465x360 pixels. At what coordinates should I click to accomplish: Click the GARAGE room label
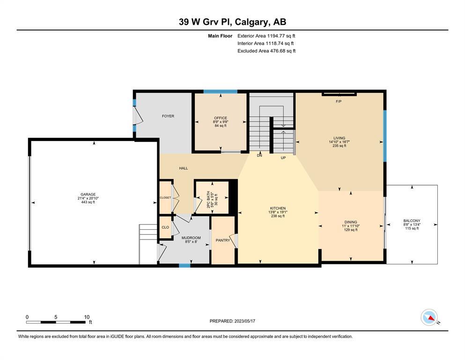coord(88,195)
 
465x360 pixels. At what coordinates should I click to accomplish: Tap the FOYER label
coord(168,116)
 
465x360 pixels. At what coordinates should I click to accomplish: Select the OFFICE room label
coord(221,118)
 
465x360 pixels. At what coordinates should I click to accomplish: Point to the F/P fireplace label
coord(339,102)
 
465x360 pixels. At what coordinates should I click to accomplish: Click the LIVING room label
coord(339,138)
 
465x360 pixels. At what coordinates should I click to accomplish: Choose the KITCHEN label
coord(278,208)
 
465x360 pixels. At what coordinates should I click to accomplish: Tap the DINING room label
coord(351,222)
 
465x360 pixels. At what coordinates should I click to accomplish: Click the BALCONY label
coord(412,221)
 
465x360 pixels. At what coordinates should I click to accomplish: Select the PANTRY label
coord(223,240)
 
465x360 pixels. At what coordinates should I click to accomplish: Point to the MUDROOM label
coord(191,238)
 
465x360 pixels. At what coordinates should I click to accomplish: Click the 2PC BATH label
coord(208,199)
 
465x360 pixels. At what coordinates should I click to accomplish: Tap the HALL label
coord(184,168)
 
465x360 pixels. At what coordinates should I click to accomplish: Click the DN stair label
coord(259,156)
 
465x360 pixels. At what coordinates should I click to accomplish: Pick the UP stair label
coord(283,158)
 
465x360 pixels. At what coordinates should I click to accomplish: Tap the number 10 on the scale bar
coord(87,317)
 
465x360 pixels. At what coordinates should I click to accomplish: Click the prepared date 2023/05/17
coord(244,321)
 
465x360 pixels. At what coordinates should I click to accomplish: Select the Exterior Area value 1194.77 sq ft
coord(281,36)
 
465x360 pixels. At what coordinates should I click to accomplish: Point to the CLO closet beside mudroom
coord(165,227)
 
